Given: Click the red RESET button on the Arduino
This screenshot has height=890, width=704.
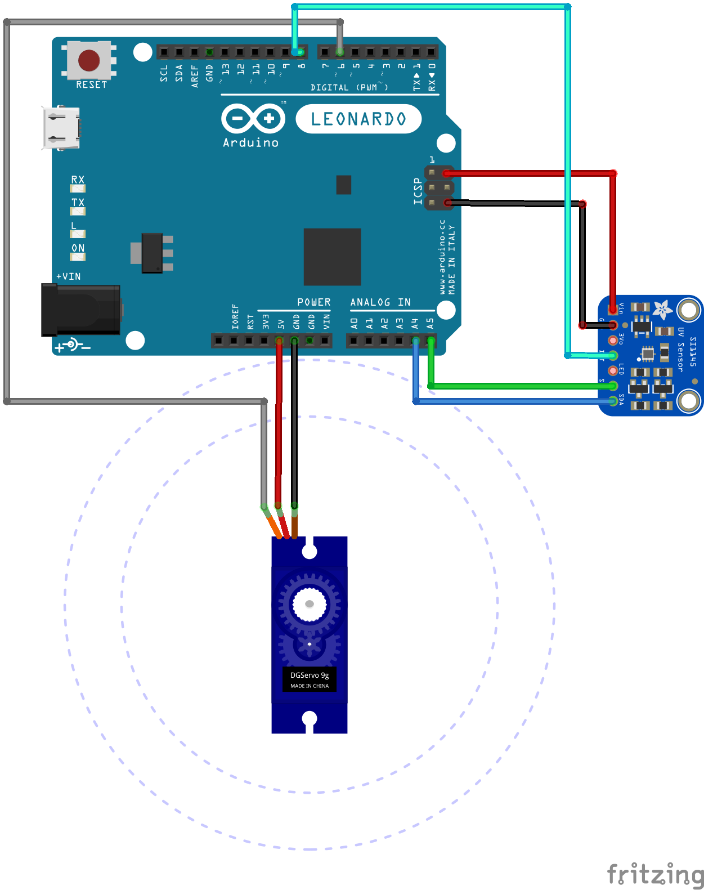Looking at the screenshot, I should (89, 60).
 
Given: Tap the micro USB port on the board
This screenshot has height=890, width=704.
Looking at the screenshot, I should (61, 128).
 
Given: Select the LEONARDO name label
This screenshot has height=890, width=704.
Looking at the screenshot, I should (358, 119).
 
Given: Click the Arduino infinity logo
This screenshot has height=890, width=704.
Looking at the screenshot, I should (253, 119).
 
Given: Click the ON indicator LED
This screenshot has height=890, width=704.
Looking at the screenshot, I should (78, 257).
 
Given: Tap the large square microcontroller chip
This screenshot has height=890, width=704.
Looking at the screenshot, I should (332, 257).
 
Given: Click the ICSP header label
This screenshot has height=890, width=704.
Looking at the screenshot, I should (418, 191).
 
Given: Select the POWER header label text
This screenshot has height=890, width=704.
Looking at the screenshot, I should (314, 302).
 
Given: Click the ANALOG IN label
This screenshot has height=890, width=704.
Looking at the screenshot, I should (380, 302).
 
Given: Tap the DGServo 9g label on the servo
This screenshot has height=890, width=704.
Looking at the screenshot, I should (310, 676).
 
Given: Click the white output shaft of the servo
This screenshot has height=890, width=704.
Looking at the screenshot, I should (310, 604).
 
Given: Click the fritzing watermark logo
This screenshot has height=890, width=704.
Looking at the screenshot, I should (655, 875).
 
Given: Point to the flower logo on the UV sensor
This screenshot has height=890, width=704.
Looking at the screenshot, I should (663, 309).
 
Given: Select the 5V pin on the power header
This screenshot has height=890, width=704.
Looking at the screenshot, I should (279, 341).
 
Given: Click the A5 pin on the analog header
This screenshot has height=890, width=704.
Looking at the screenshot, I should (431, 341).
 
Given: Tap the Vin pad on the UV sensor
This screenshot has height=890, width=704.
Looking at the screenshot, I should (613, 309).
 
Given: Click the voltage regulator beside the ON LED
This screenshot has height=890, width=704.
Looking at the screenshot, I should (153, 253).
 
